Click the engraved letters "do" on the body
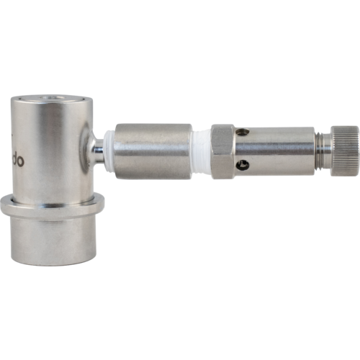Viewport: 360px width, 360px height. (18, 161)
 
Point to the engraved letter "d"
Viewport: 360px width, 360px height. (14, 160)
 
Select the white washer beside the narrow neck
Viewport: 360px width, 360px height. (109, 152)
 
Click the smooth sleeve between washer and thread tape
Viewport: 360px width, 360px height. (153, 150)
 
